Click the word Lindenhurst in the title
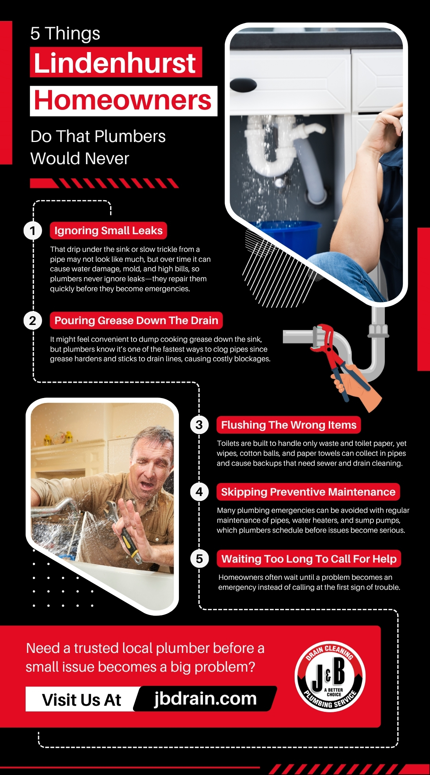tap(115, 62)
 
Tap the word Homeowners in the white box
tap(123, 101)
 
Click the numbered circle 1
tap(32, 231)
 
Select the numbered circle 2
tap(32, 321)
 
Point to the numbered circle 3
tap(199, 425)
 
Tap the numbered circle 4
tap(199, 492)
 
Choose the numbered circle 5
tap(199, 559)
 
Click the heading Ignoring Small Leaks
tap(108, 230)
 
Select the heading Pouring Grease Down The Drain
tap(136, 320)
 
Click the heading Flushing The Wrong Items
tap(289, 425)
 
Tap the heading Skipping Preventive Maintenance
tap(308, 492)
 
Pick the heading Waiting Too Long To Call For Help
tap(309, 559)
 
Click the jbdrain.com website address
tap(206, 698)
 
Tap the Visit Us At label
tap(81, 700)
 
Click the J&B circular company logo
tap(330, 677)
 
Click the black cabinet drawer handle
tap(243, 85)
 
